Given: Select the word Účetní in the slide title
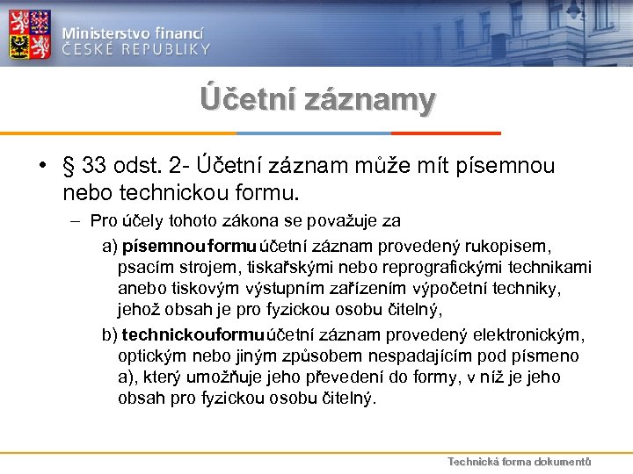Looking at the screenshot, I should coord(247,99).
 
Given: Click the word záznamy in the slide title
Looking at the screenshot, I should coord(368,99).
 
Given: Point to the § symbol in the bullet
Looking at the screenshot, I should coord(69,167).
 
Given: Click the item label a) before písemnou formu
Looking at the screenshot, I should coord(111,244).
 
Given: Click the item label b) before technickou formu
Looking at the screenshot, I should coord(111,334).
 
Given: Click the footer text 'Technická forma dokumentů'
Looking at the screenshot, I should coord(519,462).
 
